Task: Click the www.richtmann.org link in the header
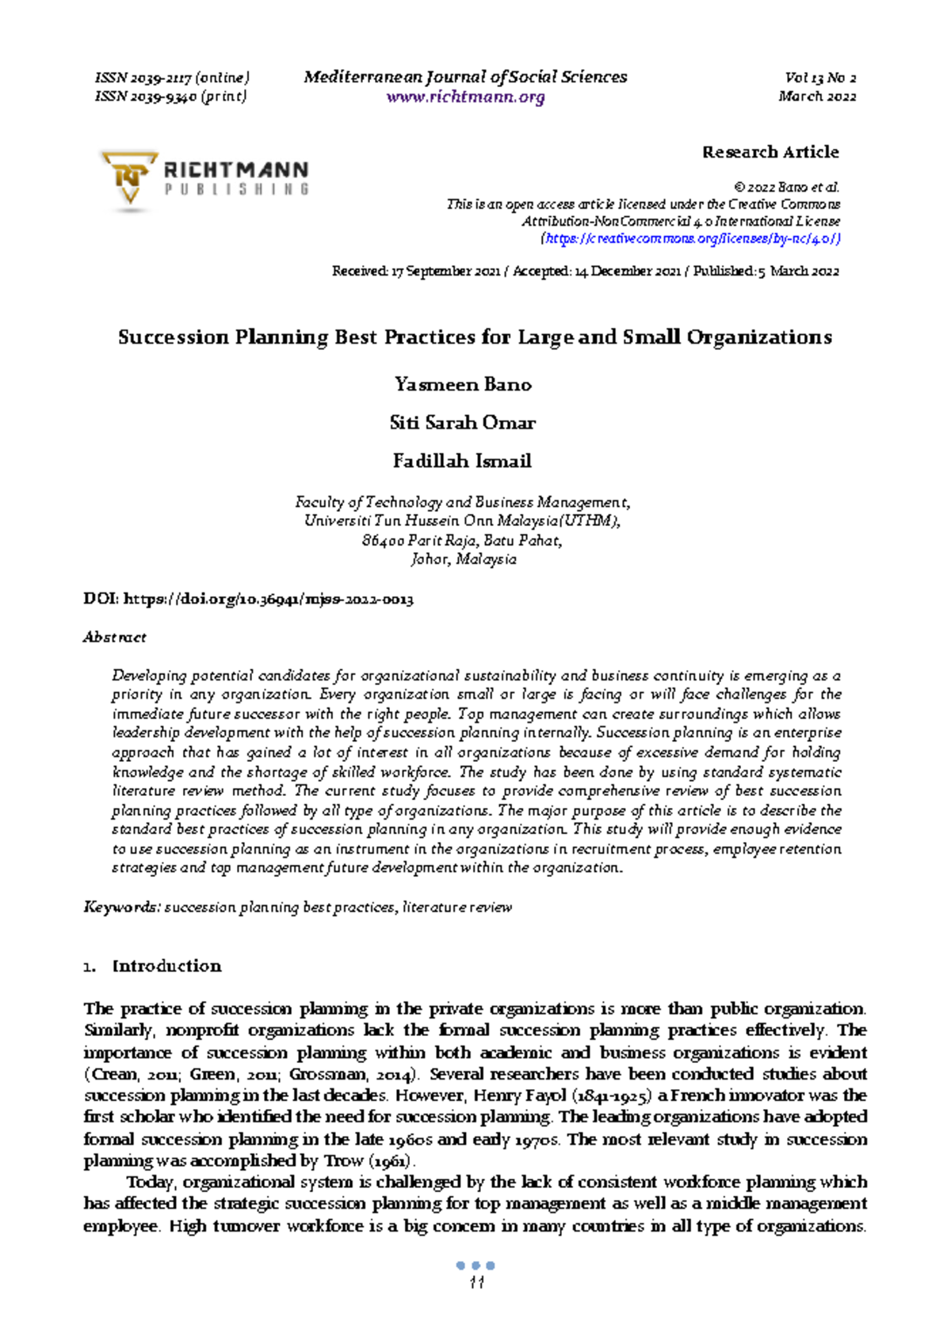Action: click(x=465, y=97)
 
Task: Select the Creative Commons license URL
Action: click(x=690, y=238)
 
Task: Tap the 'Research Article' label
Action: click(x=770, y=152)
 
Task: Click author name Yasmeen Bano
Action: click(x=463, y=385)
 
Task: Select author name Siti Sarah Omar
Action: click(x=463, y=423)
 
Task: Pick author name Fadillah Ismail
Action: click(x=463, y=461)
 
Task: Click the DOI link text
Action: click(x=268, y=600)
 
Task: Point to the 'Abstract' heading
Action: click(x=115, y=638)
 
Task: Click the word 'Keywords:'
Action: click(x=122, y=908)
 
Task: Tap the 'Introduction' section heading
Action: click(x=166, y=966)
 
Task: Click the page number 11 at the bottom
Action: click(x=476, y=1283)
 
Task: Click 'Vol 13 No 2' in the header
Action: click(x=820, y=78)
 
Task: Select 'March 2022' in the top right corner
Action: click(x=817, y=97)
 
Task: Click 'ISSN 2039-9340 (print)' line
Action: click(x=171, y=97)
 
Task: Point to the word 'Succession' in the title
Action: click(x=173, y=337)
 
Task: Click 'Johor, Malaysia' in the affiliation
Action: click(x=464, y=560)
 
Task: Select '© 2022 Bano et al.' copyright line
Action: click(x=786, y=188)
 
